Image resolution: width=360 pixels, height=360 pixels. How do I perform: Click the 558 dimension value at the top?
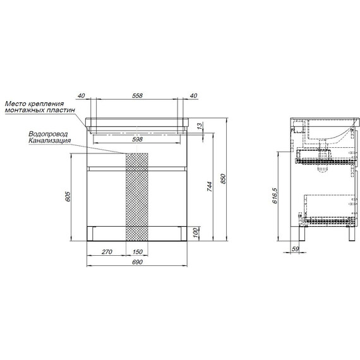click(x=137, y=95)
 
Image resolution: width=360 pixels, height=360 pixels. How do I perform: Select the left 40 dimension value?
click(x=81, y=95)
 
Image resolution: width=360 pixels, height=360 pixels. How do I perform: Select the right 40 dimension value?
click(x=193, y=95)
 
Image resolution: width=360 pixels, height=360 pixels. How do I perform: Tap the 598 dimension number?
click(x=137, y=139)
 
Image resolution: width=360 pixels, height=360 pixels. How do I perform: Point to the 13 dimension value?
click(x=200, y=126)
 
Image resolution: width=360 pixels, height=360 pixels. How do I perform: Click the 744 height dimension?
click(x=210, y=186)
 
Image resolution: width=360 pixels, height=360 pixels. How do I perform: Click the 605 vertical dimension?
click(x=68, y=196)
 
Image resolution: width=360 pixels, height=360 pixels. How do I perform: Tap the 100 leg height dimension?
click(x=195, y=233)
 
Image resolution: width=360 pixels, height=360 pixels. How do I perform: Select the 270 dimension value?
click(x=107, y=252)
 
